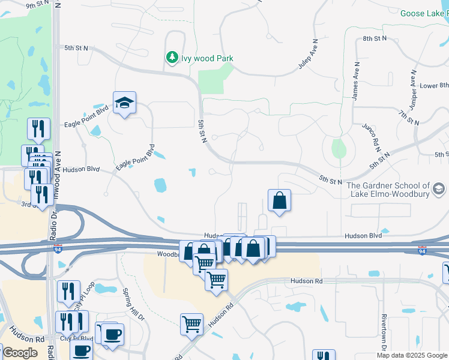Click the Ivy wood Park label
click(x=207, y=58)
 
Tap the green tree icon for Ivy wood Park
click(x=172, y=58)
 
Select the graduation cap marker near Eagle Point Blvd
click(x=125, y=104)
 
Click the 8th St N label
click(x=376, y=38)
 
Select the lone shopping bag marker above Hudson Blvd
click(x=280, y=201)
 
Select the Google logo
click(x=19, y=353)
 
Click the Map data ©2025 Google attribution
click(x=412, y=355)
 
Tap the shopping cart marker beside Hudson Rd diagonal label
click(x=192, y=325)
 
